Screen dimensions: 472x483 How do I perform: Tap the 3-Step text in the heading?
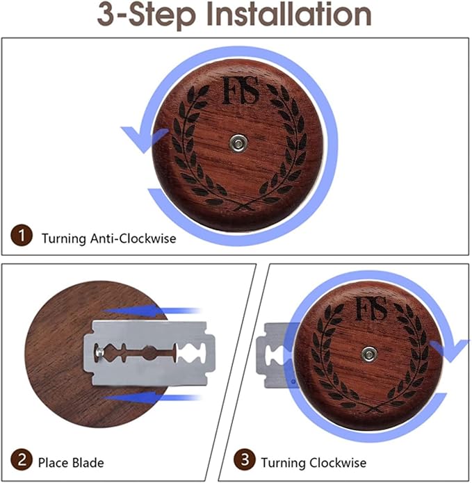pos(147,15)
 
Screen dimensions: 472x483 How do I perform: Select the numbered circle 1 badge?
pos(22,236)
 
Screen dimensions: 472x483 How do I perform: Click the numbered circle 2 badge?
pos(22,460)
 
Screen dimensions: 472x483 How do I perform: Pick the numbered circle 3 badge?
pos(245,460)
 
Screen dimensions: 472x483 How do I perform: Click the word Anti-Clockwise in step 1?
pos(133,239)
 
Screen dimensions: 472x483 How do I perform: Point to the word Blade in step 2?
pos(88,463)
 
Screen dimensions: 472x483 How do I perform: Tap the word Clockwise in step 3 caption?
pos(338,463)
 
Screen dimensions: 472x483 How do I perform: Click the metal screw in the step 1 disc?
pos(238,142)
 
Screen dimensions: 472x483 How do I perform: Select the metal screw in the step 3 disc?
pos(369,354)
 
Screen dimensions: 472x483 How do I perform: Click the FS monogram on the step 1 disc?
pos(241,90)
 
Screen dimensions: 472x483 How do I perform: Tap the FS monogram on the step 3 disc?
pos(371,309)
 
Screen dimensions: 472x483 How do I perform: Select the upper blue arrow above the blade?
pos(151,310)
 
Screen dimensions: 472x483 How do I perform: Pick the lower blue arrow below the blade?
pos(151,398)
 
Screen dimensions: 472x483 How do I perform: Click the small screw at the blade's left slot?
pos(99,351)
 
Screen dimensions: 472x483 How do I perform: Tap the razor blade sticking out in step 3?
pos(272,355)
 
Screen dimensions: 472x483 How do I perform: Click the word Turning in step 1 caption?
pos(64,239)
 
